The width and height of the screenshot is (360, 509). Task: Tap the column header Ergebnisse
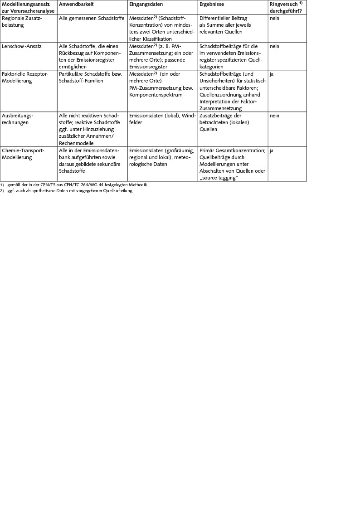coord(211,4)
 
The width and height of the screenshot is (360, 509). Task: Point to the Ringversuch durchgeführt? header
coord(286,7)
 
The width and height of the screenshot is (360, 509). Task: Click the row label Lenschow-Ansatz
coord(21,46)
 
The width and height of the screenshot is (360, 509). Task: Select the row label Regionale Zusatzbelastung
coord(22,22)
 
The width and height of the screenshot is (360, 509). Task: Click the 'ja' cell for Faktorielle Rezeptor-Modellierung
coord(272,74)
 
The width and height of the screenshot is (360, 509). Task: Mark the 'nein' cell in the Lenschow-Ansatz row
coord(274,46)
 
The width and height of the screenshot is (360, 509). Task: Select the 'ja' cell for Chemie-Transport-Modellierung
coord(272,150)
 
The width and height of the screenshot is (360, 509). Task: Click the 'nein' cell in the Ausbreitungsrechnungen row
coord(274,116)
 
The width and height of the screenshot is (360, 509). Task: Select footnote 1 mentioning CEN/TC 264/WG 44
coord(77,185)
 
